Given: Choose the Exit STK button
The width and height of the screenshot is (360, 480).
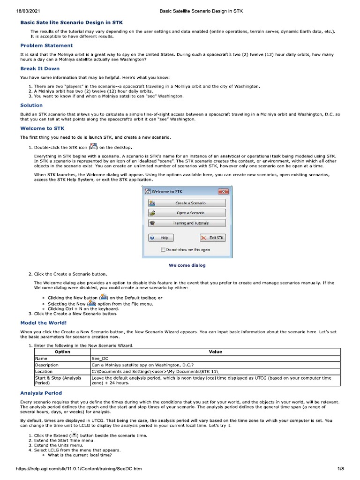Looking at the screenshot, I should coord(213,238).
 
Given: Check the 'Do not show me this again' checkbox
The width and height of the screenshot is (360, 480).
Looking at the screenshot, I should coord(163,250).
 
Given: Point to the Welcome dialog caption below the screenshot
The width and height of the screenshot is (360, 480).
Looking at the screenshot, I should coord(187,265).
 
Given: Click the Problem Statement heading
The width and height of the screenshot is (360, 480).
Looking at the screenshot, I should coord(46,45).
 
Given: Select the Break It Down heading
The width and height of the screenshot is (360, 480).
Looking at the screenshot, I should coord(40,68).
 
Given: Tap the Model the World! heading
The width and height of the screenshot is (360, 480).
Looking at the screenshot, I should coord(44,322).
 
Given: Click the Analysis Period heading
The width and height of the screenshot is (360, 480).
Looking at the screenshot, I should coord(41,393).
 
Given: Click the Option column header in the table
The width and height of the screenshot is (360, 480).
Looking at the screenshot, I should coord(62,352).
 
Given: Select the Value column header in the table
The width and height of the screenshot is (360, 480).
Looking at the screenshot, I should coord(215,352).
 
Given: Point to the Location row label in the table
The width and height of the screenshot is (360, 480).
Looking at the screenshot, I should coord(44,371).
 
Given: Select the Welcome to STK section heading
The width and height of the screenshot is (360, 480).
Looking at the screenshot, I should coord(42,128).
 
